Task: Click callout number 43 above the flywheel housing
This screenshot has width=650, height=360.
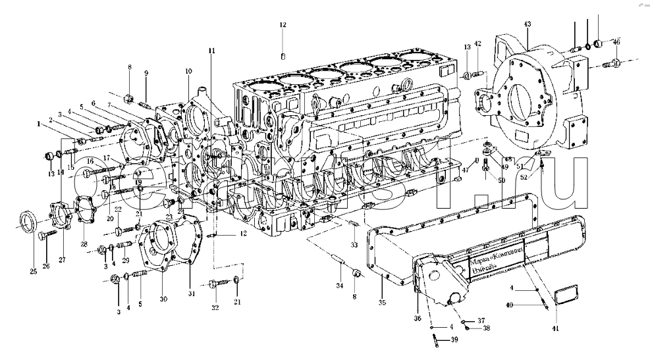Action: (x=527, y=24)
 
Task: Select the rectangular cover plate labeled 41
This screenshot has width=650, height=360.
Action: (x=566, y=294)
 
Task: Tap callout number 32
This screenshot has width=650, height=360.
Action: (x=215, y=307)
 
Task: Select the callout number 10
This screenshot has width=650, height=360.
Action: (x=188, y=70)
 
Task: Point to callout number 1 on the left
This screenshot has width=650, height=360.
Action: (x=39, y=123)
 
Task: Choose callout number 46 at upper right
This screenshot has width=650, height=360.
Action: (x=616, y=41)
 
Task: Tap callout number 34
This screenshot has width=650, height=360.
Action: (x=340, y=285)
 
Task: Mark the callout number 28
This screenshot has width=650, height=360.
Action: (x=84, y=244)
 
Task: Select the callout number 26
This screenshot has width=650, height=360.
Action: (x=45, y=267)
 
